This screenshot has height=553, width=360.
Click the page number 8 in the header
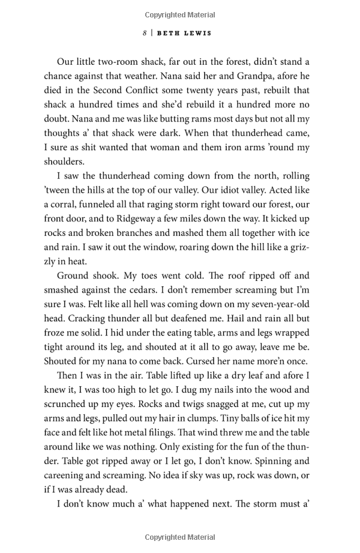(145, 33)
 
